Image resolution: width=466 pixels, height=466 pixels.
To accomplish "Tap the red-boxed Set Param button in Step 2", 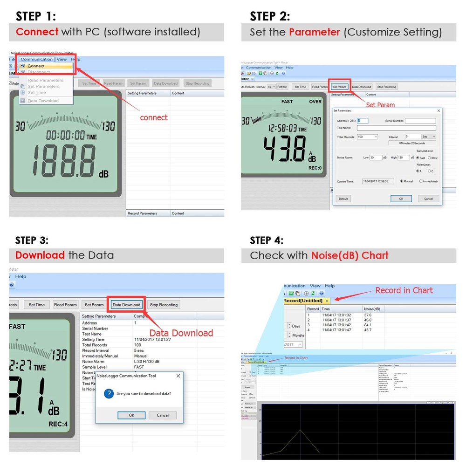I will pyautogui.click(x=339, y=87).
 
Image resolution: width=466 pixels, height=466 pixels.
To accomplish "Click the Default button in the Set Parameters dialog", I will pyautogui.click(x=343, y=199).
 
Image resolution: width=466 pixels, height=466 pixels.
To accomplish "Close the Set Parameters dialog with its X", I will pyautogui.click(x=439, y=111).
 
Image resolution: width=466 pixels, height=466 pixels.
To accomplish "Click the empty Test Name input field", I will pyautogui.click(x=396, y=128).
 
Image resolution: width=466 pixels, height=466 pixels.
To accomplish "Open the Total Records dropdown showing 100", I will pyautogui.click(x=367, y=137).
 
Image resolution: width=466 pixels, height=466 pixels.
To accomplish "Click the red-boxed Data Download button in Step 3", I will pyautogui.click(x=126, y=305).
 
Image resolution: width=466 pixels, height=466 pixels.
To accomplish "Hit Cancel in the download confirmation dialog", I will pyautogui.click(x=163, y=415).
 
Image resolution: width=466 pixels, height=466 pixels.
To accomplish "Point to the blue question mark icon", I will pyautogui.click(x=109, y=394).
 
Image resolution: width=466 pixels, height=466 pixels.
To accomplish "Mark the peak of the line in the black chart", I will pyautogui.click(x=300, y=430).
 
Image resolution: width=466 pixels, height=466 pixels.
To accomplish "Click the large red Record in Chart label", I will pyautogui.click(x=404, y=290).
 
